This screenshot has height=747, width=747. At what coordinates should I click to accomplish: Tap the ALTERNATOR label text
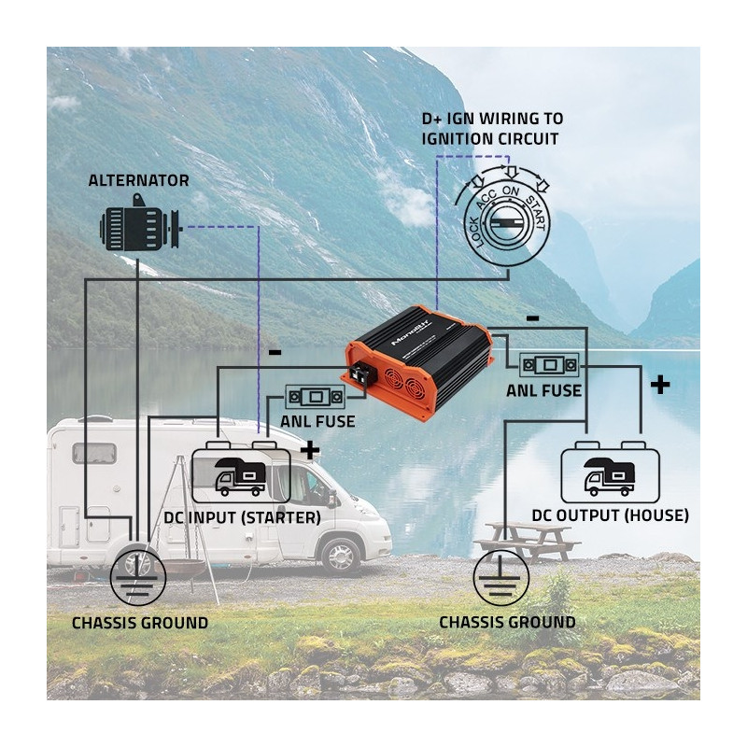(138, 180)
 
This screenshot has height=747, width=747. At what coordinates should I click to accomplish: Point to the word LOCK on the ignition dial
(476, 229)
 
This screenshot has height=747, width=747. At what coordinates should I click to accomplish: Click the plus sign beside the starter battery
(308, 450)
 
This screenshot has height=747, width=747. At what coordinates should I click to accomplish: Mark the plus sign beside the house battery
(659, 384)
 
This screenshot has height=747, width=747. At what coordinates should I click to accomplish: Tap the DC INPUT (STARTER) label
(242, 517)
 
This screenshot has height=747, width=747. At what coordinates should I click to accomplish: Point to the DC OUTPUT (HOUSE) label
(611, 515)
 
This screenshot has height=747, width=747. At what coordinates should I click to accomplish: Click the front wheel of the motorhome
(341, 553)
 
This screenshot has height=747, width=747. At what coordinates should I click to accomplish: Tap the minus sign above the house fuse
(532, 318)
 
